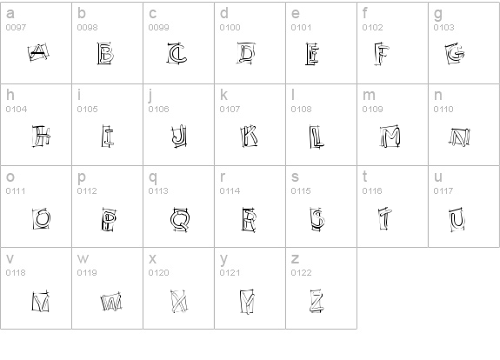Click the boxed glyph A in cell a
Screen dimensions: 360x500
tap(37, 56)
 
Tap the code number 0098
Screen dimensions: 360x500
tap(87, 28)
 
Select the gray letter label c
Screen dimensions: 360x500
tap(152, 14)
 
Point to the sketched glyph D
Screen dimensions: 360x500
tap(248, 56)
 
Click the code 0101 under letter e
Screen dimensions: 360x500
tap(301, 28)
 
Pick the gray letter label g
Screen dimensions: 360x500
tap(437, 14)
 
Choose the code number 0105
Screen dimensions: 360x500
tap(87, 110)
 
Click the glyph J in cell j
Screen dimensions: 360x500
tap(178, 136)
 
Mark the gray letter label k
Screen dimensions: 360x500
tap(223, 96)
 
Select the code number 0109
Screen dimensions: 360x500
tap(372, 110)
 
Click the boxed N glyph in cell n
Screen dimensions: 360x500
tap(458, 137)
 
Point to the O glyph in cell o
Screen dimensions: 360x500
tap(39, 218)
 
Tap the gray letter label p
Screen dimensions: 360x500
tap(81, 177)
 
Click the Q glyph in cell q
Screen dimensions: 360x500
tap(180, 218)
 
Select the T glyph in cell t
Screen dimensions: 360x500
tap(383, 218)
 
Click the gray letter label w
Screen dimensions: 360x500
tap(83, 259)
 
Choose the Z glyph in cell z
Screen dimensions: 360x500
tap(317, 301)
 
